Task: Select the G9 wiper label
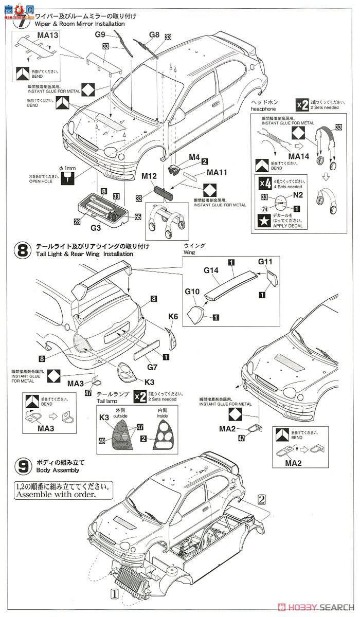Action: coord(100,34)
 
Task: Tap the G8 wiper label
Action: coord(154,35)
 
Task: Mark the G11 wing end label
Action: coord(265,262)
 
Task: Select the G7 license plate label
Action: coord(151,368)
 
